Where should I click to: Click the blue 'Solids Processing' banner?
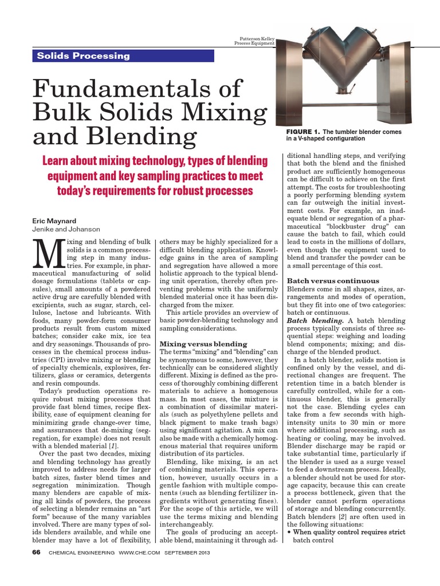[121, 56]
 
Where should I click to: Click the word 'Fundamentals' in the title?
[138, 90]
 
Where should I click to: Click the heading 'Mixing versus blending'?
[203, 344]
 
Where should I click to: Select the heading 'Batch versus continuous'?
[333, 281]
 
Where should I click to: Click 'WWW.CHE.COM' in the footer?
[140, 553]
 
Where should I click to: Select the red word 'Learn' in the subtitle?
[58, 161]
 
